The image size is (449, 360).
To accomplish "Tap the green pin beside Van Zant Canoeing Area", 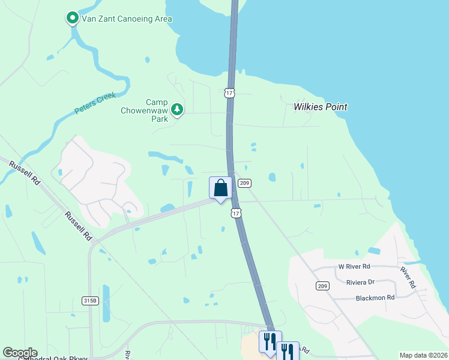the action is (73, 19).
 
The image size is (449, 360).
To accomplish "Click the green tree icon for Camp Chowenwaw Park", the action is (176, 109).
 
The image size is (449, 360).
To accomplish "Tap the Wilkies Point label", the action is (321, 107).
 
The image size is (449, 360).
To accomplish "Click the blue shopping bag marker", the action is (220, 188).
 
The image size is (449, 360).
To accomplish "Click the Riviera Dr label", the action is (360, 281).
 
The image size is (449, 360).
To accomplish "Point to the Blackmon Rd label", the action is (375, 297).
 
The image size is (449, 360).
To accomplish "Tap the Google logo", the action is (20, 353).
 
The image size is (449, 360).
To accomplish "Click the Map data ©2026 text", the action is (423, 355).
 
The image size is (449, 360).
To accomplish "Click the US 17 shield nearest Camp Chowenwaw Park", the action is (229, 92).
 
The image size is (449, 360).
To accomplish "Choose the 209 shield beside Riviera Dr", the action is (323, 286).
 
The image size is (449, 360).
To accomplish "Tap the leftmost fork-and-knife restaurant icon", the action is (270, 341).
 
